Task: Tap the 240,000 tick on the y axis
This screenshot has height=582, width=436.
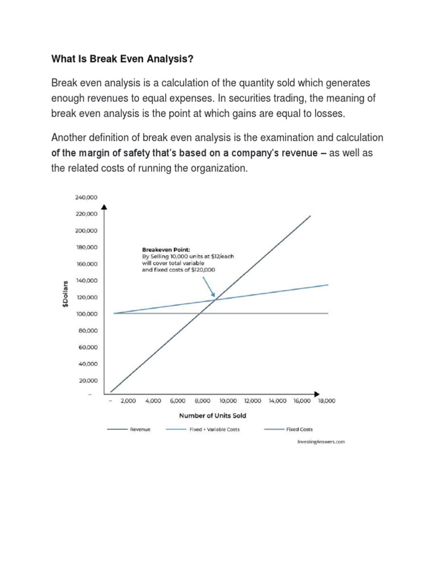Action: click(86, 197)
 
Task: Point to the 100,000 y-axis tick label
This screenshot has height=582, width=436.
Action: click(86, 314)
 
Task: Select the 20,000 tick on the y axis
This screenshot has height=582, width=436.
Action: click(88, 380)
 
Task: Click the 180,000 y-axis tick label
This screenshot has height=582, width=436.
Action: click(86, 247)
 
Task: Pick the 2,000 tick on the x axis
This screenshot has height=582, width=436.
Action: click(128, 401)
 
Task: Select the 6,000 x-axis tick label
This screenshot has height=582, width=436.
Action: click(178, 401)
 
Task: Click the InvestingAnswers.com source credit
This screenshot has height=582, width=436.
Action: click(321, 442)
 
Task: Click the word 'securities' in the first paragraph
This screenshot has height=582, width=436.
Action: click(253, 98)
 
